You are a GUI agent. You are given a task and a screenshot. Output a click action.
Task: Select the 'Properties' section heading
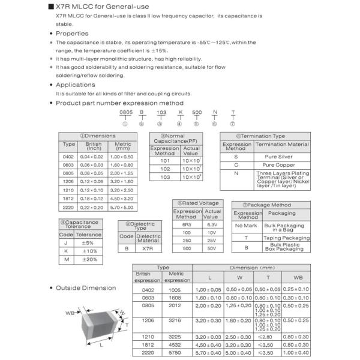pyautogui.click(x=71, y=34)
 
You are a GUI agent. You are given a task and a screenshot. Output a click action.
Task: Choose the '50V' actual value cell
pyautogui.click(x=210, y=247)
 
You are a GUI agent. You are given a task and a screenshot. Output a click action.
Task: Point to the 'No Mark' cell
pyautogui.click(x=246, y=226)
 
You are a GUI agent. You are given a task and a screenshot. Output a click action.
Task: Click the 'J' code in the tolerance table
pyautogui.click(x=67, y=243)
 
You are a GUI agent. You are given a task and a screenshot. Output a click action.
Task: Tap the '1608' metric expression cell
pyautogui.click(x=177, y=297)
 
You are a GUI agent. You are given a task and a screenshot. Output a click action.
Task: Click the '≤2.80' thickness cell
pyautogui.click(x=268, y=337)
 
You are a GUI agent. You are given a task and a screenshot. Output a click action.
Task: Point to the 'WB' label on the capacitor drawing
pyautogui.click(x=70, y=313)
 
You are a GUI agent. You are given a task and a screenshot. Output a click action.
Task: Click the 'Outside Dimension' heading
pyautogui.click(x=86, y=288)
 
